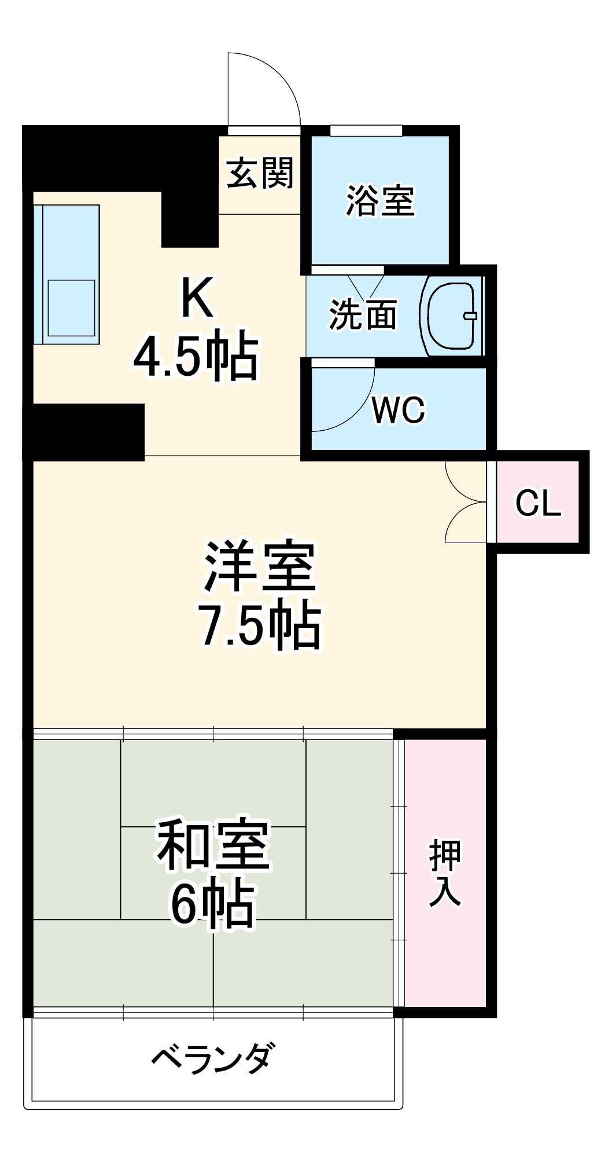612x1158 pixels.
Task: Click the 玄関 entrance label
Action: (260, 173)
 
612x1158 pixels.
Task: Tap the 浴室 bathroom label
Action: (380, 201)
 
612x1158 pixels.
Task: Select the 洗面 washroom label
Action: (363, 314)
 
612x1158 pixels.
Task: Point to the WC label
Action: (399, 410)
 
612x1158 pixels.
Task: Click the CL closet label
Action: (538, 503)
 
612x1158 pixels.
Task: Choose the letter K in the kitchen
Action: (197, 298)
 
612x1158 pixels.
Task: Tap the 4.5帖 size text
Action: (196, 356)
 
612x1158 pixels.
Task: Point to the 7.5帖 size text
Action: (260, 625)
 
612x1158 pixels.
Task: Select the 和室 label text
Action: (213, 846)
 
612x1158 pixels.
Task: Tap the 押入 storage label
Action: (445, 873)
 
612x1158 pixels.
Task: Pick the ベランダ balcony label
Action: (213, 1058)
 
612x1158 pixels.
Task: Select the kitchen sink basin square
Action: (71, 308)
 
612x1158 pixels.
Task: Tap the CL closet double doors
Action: (466, 502)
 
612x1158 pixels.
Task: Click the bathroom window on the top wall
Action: (366, 130)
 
